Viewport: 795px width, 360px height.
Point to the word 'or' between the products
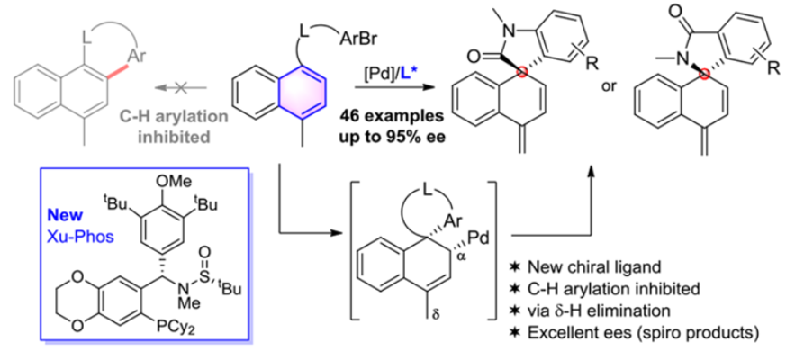click(x=608, y=85)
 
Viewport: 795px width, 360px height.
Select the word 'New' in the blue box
click(x=63, y=217)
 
